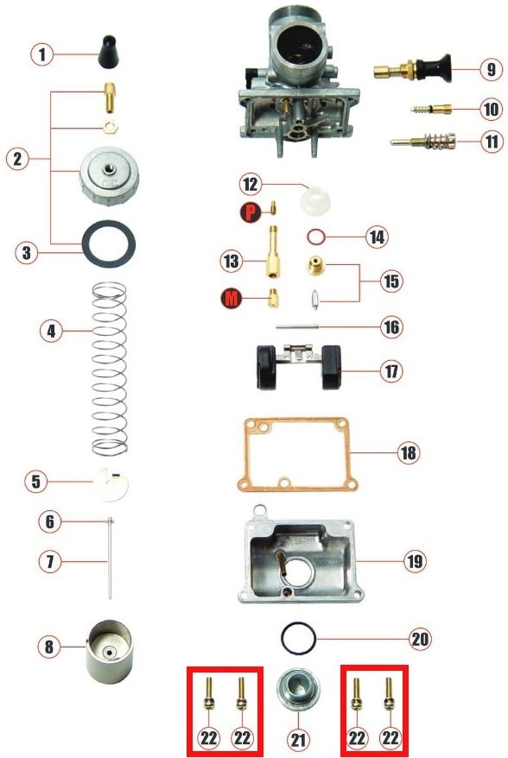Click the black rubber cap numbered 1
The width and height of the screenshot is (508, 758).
click(108, 52)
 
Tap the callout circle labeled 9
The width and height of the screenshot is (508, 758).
click(492, 69)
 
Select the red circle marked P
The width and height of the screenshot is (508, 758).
click(251, 212)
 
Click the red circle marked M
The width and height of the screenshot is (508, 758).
click(232, 298)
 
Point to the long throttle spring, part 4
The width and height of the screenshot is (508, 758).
click(110, 369)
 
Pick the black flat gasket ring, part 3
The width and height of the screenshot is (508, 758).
click(109, 243)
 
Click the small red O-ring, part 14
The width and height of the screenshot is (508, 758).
click(316, 237)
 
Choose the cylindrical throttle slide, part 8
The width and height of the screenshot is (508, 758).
click(108, 651)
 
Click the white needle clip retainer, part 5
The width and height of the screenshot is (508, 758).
click(111, 483)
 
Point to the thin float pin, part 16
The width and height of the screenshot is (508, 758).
click(297, 327)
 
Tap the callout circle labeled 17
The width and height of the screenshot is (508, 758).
click(391, 371)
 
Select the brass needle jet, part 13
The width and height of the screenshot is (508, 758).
click(273, 251)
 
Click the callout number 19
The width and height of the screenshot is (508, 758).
click(415, 561)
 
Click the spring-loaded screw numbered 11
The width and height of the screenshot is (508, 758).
click(423, 142)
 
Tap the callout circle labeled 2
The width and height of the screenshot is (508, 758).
click(18, 159)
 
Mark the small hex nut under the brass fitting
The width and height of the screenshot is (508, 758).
click(111, 127)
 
